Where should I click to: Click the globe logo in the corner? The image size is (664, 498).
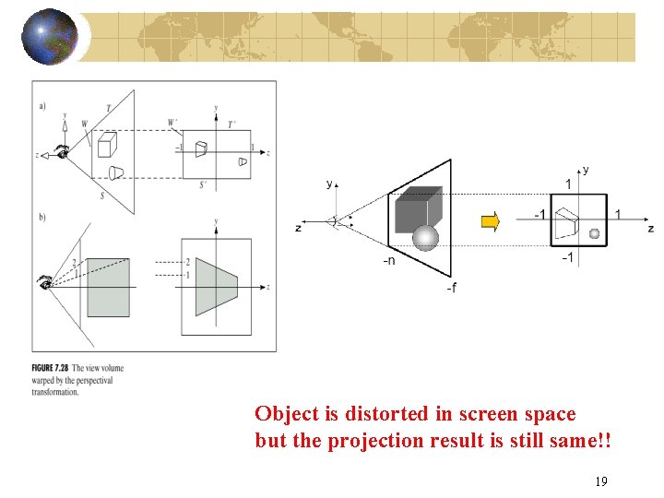click(x=49, y=36)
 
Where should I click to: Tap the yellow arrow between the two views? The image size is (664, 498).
click(x=491, y=221)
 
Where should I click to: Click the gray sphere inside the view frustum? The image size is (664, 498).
click(x=425, y=238)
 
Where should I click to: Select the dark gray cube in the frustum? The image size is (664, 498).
click(x=417, y=209)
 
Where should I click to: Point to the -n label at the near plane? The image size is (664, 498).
click(x=390, y=261)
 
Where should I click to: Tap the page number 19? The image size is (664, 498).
click(x=600, y=480)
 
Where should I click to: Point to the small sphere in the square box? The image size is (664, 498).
click(x=594, y=233)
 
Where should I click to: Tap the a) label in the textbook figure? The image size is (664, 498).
click(x=42, y=105)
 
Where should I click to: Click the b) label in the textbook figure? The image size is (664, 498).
click(x=42, y=217)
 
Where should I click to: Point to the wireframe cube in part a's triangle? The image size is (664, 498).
click(x=106, y=144)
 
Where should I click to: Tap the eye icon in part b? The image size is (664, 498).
click(x=43, y=282)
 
